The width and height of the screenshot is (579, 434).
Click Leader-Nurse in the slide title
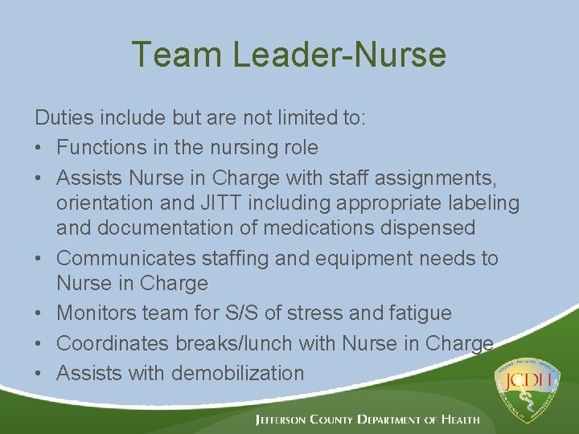pyautogui.click(x=339, y=55)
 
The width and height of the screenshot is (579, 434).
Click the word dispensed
pyautogui.click(x=431, y=227)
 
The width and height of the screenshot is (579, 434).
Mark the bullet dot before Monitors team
pyautogui.click(x=40, y=313)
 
